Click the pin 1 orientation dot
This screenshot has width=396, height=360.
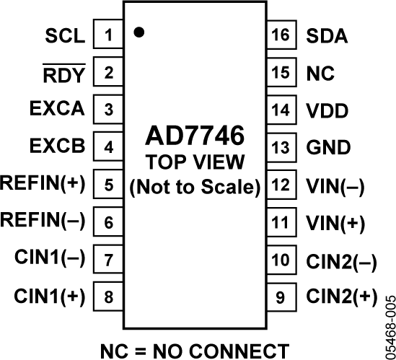point(139,32)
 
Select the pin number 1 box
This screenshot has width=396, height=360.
point(109,35)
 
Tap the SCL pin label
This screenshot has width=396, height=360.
point(65,35)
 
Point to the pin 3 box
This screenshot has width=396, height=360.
point(109,110)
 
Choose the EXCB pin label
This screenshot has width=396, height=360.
point(58,147)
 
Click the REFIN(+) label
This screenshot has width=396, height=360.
point(43,184)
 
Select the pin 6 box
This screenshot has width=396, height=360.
point(109,221)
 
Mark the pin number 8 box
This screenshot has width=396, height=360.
point(109,296)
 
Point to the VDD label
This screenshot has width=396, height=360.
point(327,110)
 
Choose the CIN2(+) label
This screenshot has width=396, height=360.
point(341,296)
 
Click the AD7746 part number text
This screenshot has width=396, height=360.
point(195,136)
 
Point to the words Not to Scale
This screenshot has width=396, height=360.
point(195,185)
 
